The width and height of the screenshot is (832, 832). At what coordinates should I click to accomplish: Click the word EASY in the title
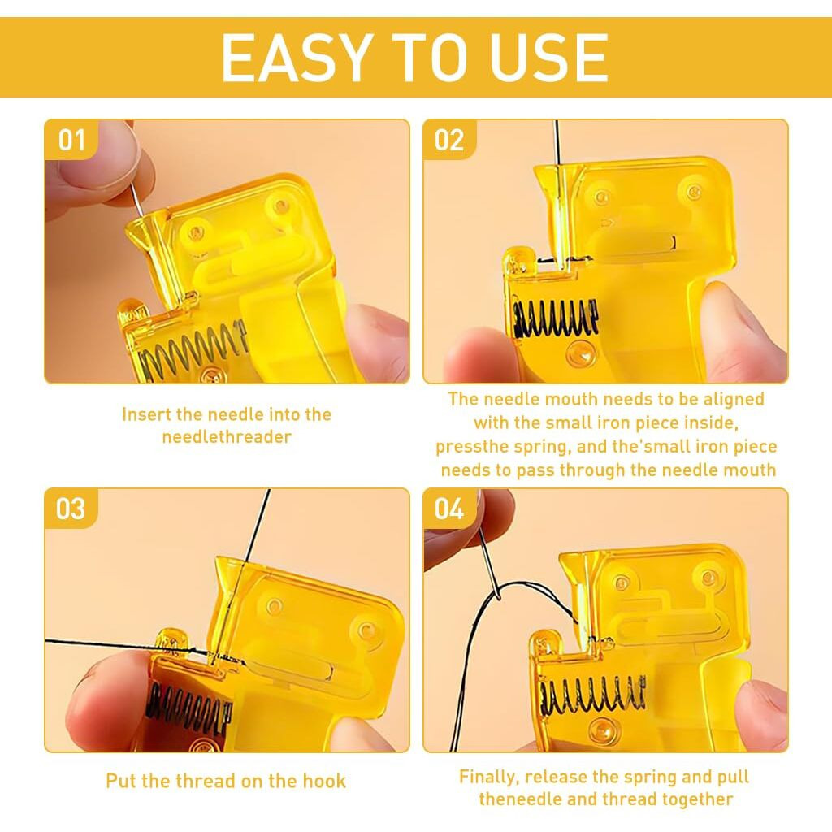296,57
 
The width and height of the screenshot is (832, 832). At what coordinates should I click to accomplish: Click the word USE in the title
548,57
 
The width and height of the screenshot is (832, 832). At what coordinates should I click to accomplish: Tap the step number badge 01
71,140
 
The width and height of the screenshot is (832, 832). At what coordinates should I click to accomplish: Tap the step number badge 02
449,140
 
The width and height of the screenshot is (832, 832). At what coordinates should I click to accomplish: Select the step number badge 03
71,509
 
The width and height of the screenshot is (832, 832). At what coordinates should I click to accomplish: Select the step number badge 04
449,509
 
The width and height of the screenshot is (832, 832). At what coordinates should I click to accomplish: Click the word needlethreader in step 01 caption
227,436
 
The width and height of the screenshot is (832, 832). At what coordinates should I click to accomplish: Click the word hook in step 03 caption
325,781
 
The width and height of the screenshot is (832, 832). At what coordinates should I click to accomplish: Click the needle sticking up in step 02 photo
556,142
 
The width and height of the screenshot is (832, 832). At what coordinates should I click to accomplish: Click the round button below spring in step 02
581,352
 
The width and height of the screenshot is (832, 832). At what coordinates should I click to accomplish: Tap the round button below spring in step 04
601,728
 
